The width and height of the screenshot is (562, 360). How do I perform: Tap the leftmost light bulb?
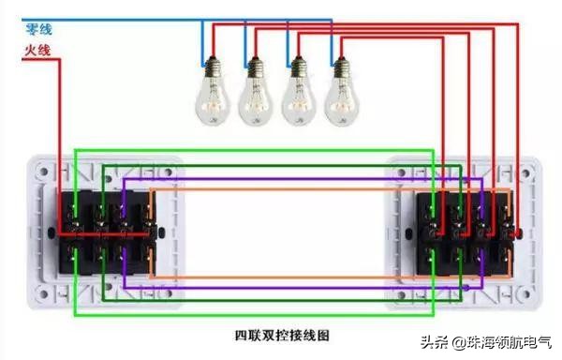pos(211,92)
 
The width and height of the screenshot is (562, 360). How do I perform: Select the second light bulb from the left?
pos(254,92)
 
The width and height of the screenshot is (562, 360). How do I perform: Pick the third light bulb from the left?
pos(297,92)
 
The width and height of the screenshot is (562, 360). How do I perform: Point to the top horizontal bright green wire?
pos(253,149)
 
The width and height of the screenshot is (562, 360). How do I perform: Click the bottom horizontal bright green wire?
pos(253,315)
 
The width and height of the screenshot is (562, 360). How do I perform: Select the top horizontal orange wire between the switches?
pos(281,190)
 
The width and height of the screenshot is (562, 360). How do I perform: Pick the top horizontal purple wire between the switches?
pos(281,179)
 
